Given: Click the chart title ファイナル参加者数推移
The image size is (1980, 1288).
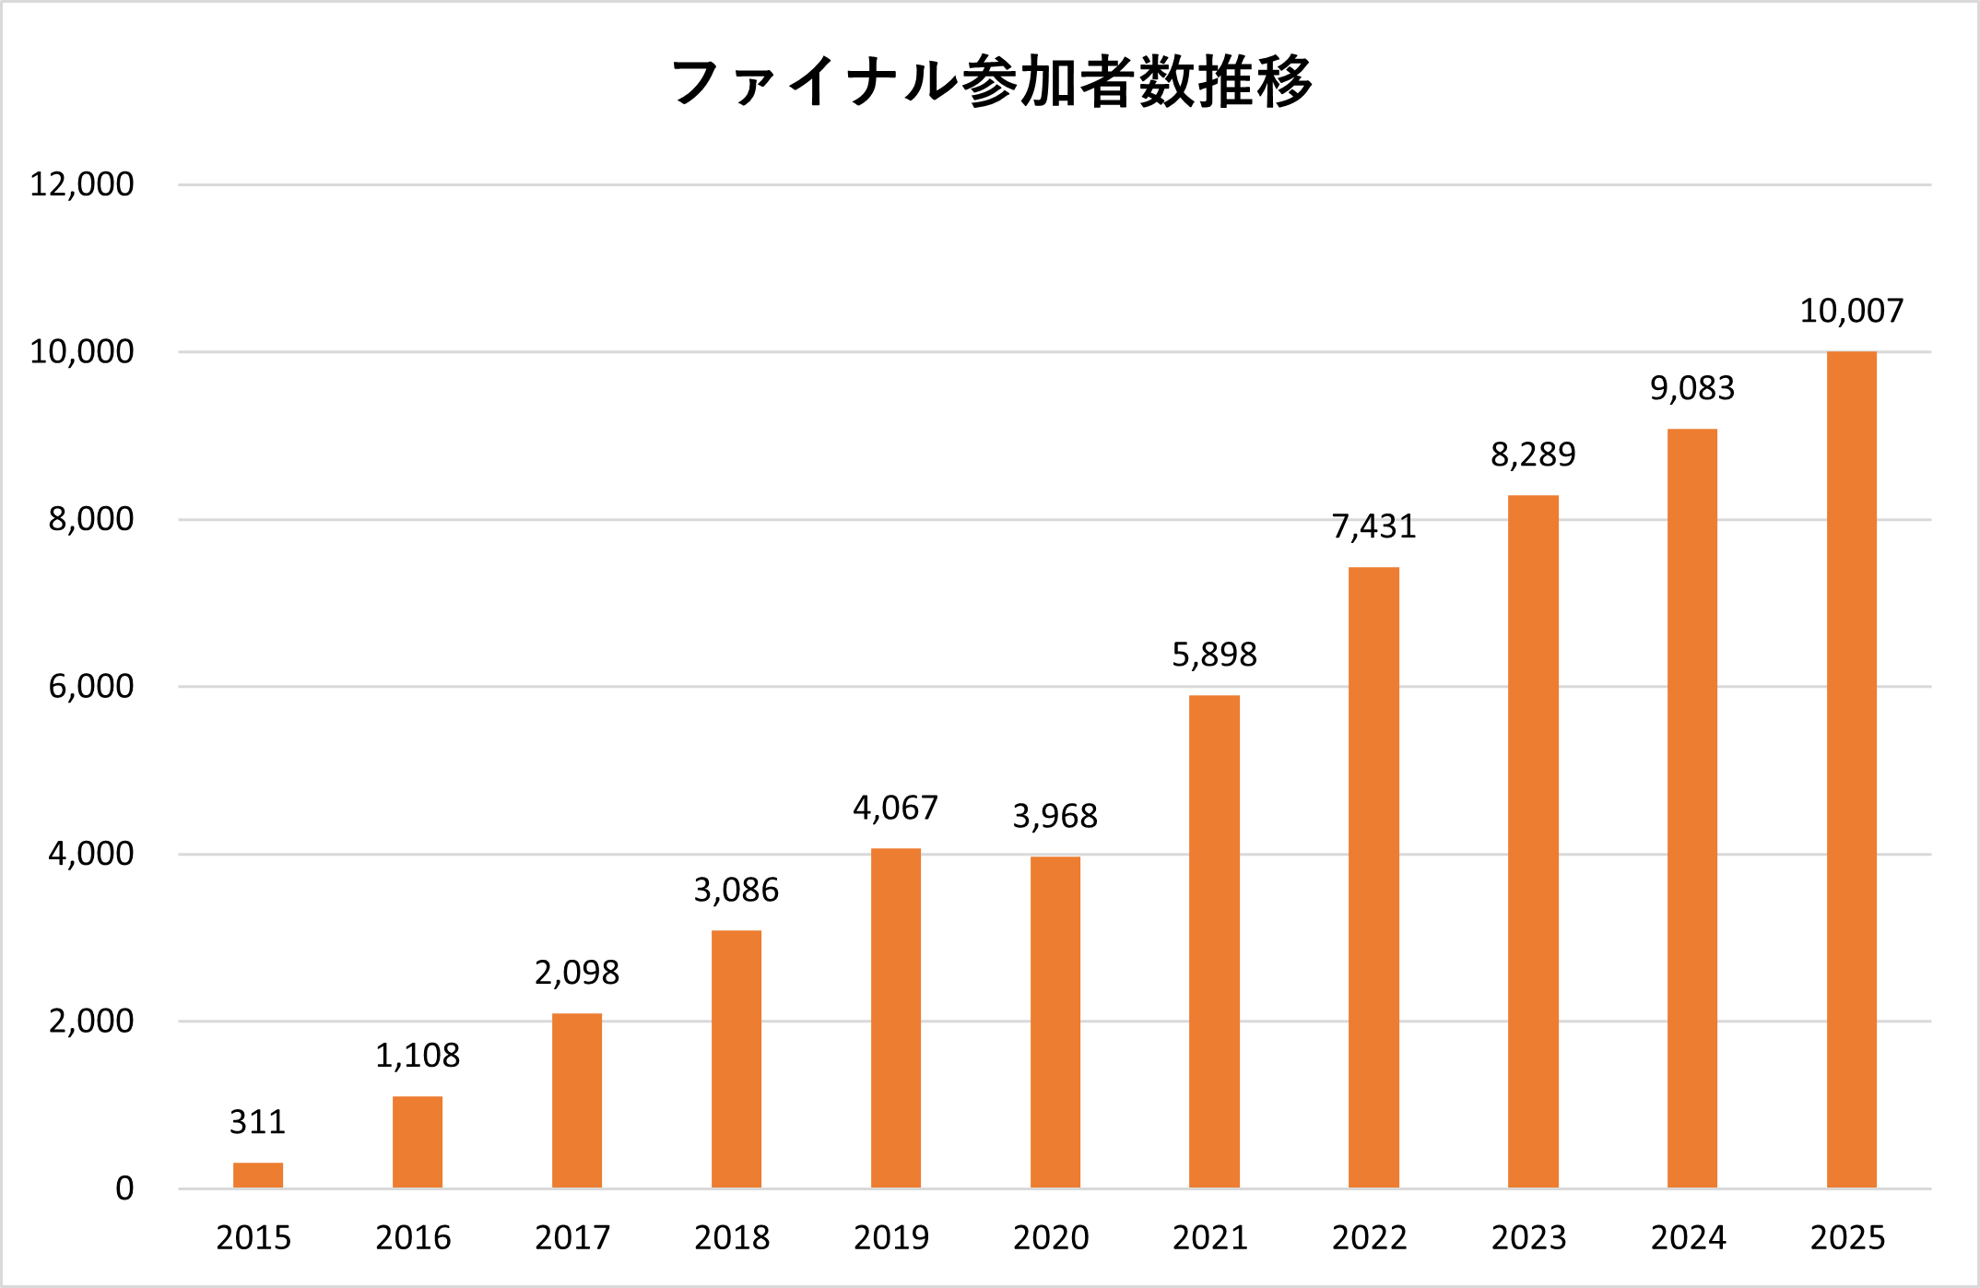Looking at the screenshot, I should click(991, 82).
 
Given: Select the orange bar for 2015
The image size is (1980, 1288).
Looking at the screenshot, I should click(258, 1176).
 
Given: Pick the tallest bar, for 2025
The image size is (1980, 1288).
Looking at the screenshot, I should click(1851, 769).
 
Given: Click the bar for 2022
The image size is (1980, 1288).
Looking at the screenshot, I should click(1373, 877).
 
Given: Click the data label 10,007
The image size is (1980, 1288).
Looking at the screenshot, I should click(1851, 312).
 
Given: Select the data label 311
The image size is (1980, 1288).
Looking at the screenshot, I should click(258, 1122).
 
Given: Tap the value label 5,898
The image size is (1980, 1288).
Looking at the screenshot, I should click(1214, 655).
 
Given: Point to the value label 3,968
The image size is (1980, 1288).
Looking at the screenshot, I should click(1055, 816).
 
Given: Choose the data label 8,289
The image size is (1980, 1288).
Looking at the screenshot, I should click(1533, 455).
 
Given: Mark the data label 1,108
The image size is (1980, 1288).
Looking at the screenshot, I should click(418, 1056).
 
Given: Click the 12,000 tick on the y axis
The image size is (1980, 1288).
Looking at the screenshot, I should click(82, 184).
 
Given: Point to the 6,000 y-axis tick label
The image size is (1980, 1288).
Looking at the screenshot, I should click(90, 686).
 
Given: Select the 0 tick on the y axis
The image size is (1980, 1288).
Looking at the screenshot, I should click(124, 1188).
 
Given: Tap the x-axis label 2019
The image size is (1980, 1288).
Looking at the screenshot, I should click(891, 1237).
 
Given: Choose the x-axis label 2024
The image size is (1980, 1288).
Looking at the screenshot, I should click(1688, 1237).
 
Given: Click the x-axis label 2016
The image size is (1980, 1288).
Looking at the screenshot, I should click(413, 1237).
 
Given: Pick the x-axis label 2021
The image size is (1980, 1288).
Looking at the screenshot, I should click(1209, 1237).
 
